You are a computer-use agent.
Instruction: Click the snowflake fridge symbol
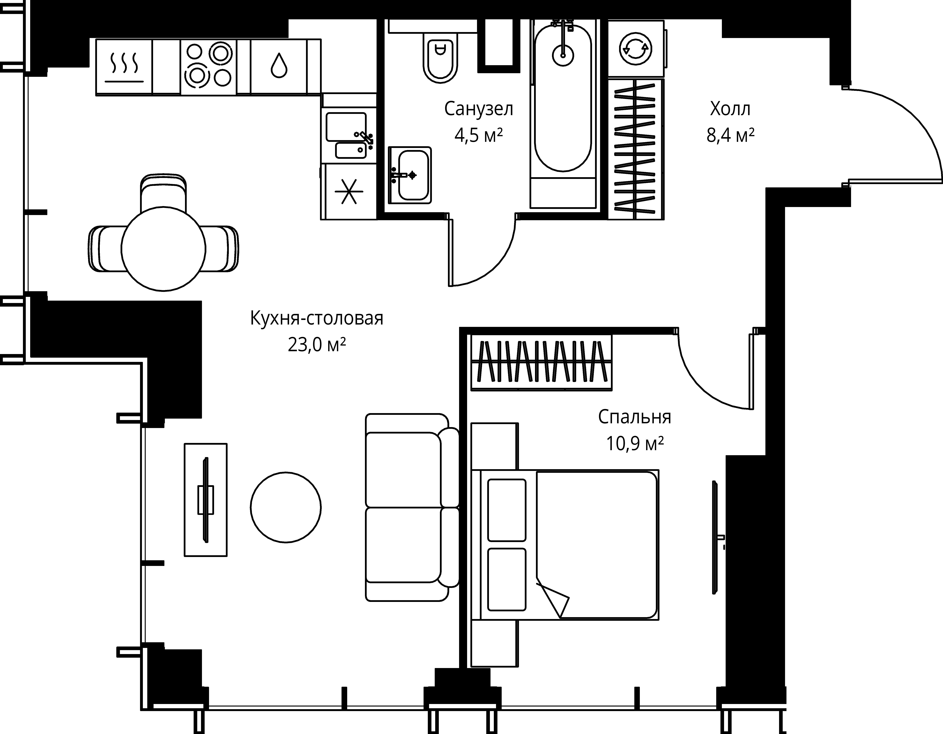click(349, 191)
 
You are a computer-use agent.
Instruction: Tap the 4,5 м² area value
click(478, 136)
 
